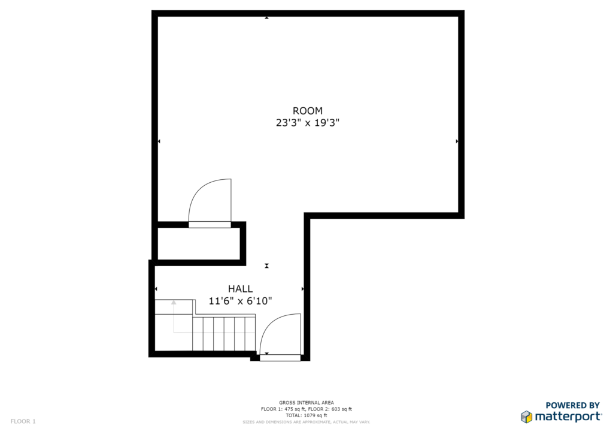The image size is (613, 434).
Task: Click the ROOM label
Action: [308, 111]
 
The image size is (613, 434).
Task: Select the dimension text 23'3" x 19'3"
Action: [308, 123]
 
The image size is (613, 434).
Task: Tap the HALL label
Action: [241, 289]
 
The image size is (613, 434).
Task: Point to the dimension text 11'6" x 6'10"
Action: [241, 301]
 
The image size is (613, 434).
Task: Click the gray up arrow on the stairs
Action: [174, 303]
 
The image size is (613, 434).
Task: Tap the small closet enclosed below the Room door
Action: [198, 243]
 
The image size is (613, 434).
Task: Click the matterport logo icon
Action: [526, 417]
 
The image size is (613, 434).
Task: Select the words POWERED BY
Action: [572, 405]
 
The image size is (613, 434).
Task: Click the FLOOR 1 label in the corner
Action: [23, 421]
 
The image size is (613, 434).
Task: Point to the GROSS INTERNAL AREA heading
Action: [306, 403]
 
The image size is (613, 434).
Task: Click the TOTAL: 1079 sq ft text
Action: [306, 415]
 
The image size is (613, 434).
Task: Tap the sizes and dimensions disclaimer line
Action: [306, 422]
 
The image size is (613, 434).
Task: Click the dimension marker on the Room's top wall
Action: [266, 17]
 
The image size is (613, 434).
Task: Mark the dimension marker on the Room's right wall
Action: [457, 141]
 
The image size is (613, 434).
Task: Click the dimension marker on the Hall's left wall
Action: [156, 289]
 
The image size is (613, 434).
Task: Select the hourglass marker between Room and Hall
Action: [266, 266]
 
